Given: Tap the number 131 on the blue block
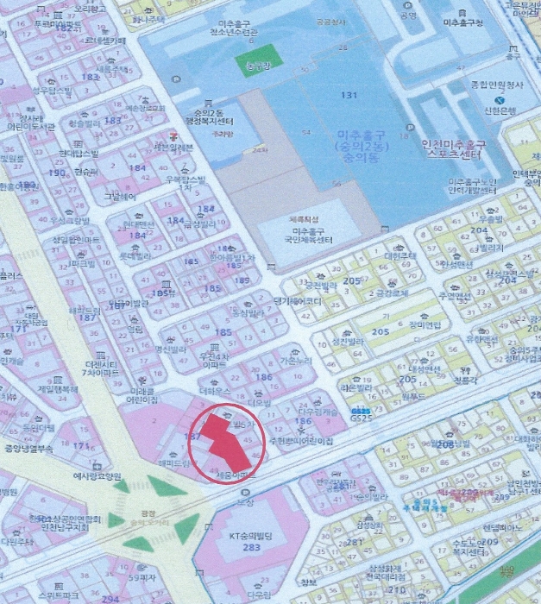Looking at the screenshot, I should tap(349, 95).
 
